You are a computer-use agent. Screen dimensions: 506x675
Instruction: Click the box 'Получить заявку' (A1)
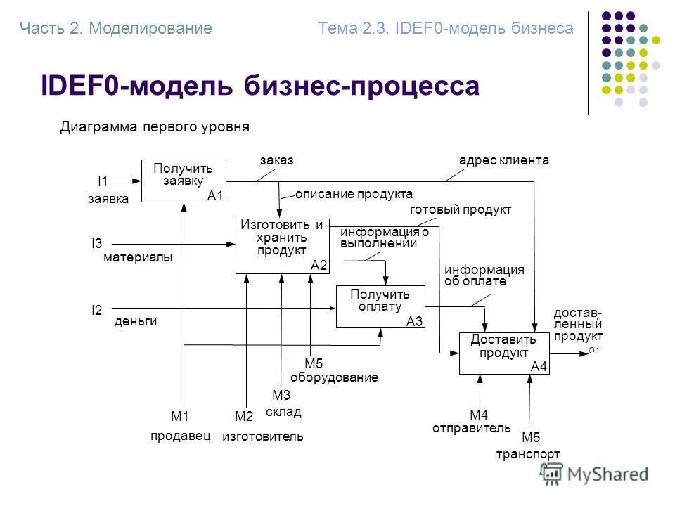(183, 181)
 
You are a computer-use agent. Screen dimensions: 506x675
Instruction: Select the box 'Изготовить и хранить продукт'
(282, 245)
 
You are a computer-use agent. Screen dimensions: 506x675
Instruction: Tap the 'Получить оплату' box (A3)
(381, 306)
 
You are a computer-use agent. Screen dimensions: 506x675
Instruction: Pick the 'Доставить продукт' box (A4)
(504, 353)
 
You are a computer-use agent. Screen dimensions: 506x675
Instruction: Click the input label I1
(103, 181)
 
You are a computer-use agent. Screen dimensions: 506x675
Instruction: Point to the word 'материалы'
(138, 258)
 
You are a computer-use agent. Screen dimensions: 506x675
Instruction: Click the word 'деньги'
(135, 322)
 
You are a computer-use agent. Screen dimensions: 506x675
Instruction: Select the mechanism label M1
(181, 416)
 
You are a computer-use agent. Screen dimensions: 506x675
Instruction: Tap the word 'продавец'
(181, 436)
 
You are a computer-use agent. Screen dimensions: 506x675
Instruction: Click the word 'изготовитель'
(263, 436)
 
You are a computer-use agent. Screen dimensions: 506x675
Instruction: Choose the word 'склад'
(283, 411)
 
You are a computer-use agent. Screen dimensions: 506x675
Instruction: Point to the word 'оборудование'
(334, 377)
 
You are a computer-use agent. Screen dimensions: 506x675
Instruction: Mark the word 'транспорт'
(528, 454)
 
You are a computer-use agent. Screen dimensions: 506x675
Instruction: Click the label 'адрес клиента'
(503, 160)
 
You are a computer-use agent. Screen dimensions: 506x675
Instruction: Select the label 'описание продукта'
(354, 194)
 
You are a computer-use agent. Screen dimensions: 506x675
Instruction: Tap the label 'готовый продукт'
(461, 209)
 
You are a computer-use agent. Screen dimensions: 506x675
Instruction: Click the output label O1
(594, 351)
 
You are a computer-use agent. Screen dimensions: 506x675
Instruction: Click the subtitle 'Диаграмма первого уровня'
(155, 127)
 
